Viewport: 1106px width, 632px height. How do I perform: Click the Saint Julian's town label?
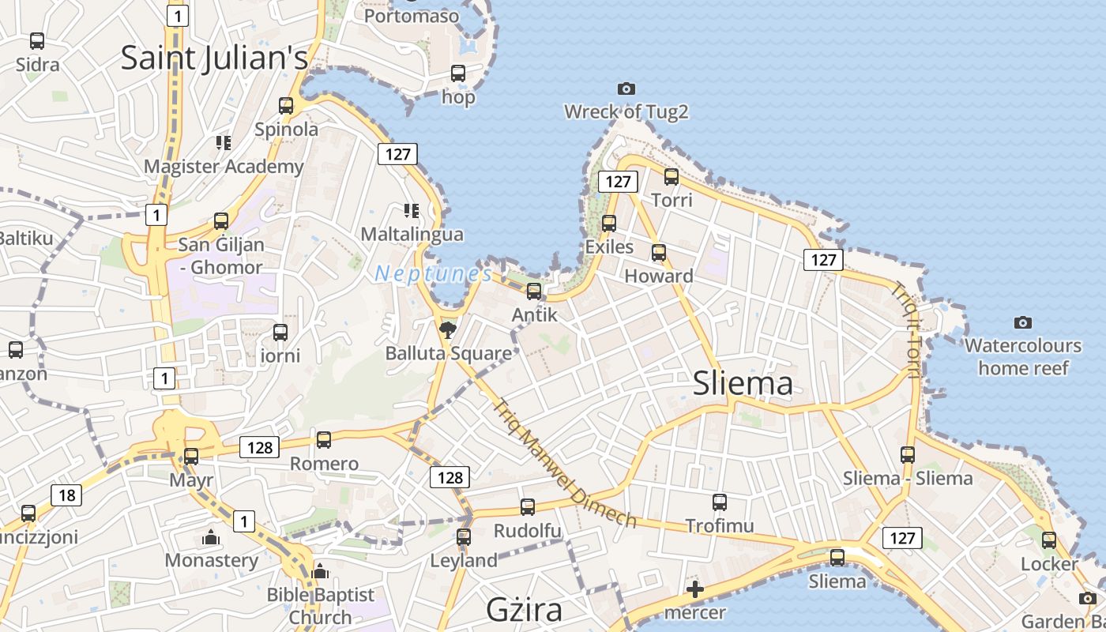coord(214,58)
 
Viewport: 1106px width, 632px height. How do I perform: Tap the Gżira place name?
coord(524,609)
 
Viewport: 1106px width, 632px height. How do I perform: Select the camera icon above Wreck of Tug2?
coord(626,88)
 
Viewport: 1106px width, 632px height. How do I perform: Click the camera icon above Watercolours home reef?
coord(1023,322)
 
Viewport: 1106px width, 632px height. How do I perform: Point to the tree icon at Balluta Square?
coord(448,329)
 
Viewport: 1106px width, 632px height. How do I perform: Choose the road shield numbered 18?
coord(66,495)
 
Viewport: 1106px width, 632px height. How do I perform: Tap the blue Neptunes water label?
coord(433,274)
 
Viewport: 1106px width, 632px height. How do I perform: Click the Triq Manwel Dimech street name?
coord(566,464)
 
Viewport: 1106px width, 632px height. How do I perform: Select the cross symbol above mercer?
coord(695,589)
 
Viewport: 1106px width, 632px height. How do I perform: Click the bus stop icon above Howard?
coord(659,254)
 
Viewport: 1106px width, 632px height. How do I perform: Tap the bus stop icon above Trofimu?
coord(719,502)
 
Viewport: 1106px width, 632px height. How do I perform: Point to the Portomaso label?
coord(412,15)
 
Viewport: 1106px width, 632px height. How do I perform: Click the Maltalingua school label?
coord(412,235)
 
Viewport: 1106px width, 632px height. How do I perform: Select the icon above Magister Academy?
coord(224,143)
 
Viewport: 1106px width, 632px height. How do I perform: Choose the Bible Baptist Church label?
coord(320,606)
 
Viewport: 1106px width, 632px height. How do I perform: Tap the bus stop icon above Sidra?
coord(37,41)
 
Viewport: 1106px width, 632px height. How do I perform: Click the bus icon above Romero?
coord(324,440)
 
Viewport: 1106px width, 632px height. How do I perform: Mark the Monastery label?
coord(211,561)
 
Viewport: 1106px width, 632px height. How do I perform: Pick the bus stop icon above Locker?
coord(1049,540)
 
